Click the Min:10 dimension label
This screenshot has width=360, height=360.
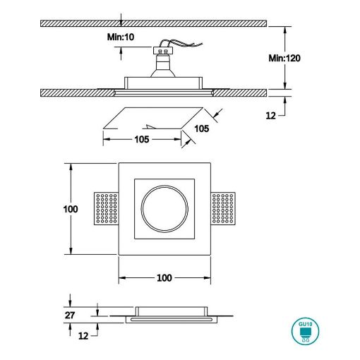(121, 37)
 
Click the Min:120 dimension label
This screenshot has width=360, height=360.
(284, 58)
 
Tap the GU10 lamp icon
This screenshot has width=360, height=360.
(305, 331)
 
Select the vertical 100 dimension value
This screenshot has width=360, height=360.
(71, 209)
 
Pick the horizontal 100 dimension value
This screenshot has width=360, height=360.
(164, 278)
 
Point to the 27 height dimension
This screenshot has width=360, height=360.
(70, 315)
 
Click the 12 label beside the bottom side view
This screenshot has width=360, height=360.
(83, 336)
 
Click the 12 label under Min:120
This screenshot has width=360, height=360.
(270, 116)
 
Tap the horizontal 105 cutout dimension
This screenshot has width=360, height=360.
(142, 139)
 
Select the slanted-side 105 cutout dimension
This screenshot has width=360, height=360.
(202, 128)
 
